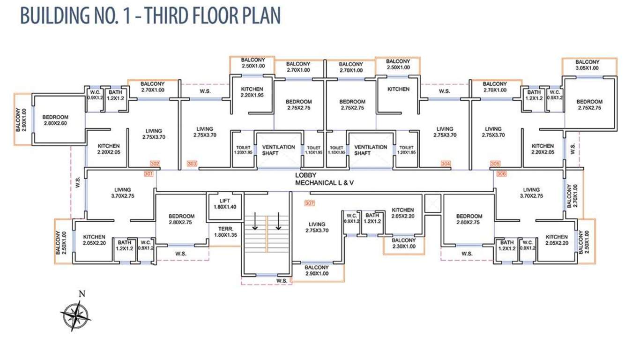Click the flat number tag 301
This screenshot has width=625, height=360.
click(x=149, y=174)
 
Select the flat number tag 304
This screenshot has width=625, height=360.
click(x=445, y=164)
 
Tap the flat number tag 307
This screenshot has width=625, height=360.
click(x=309, y=203)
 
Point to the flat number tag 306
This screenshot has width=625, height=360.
click(x=501, y=174)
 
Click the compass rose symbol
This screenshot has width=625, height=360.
click(x=75, y=316)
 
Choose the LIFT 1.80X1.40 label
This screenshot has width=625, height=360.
click(x=225, y=204)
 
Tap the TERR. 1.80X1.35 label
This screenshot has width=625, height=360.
click(x=225, y=232)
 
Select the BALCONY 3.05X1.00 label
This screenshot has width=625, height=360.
click(x=587, y=65)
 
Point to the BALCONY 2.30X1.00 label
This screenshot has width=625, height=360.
click(x=404, y=243)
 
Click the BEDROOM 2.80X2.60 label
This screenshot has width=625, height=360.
click(x=55, y=120)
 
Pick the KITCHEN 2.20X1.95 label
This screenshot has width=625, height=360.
click(x=252, y=92)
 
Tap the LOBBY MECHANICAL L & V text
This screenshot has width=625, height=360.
click(x=325, y=179)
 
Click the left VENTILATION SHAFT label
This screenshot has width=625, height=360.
click(x=278, y=150)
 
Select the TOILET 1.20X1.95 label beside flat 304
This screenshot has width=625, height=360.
click(x=406, y=150)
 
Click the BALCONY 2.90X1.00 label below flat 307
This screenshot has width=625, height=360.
click(x=316, y=270)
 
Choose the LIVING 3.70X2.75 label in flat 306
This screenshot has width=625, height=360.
click(x=531, y=193)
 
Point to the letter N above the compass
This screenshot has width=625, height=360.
click(x=82, y=294)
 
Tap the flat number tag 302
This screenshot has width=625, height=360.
click(x=155, y=164)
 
